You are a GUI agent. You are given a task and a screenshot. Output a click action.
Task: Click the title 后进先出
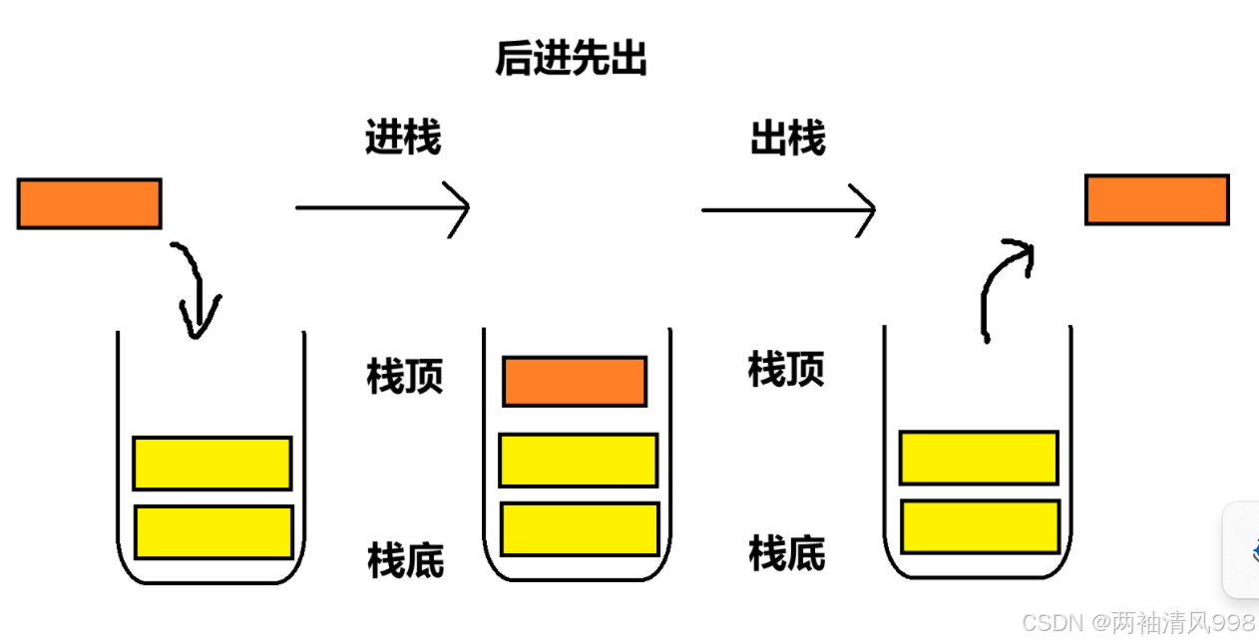click(571, 60)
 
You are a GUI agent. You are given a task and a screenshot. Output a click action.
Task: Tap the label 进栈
click(403, 138)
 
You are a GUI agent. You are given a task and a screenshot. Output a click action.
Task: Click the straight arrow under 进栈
click(382, 207)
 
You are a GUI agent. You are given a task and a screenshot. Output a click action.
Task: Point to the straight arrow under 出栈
click(788, 210)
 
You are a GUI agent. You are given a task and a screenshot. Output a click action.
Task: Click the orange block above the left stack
click(89, 203)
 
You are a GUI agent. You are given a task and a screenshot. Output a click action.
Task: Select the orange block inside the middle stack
click(575, 381)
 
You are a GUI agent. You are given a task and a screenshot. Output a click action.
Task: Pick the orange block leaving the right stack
click(1157, 199)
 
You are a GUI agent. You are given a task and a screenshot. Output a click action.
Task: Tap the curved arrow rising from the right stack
click(1001, 284)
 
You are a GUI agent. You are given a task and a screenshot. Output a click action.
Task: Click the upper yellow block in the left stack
click(212, 463)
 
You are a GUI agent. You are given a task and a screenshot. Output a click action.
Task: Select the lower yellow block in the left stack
click(213, 531)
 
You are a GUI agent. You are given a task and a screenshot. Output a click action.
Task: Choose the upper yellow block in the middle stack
click(579, 461)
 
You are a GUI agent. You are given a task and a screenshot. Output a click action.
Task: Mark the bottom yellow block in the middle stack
click(580, 528)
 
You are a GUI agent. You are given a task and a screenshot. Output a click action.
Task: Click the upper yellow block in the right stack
click(979, 458)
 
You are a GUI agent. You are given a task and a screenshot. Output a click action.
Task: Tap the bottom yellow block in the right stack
click(980, 526)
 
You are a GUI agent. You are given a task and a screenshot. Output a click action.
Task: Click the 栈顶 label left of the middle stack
click(404, 377)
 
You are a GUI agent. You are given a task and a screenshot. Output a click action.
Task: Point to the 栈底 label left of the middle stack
click(405, 560)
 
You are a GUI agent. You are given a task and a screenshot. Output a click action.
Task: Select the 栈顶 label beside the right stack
click(786, 370)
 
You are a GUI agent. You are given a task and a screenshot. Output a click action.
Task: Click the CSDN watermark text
click(1137, 623)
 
